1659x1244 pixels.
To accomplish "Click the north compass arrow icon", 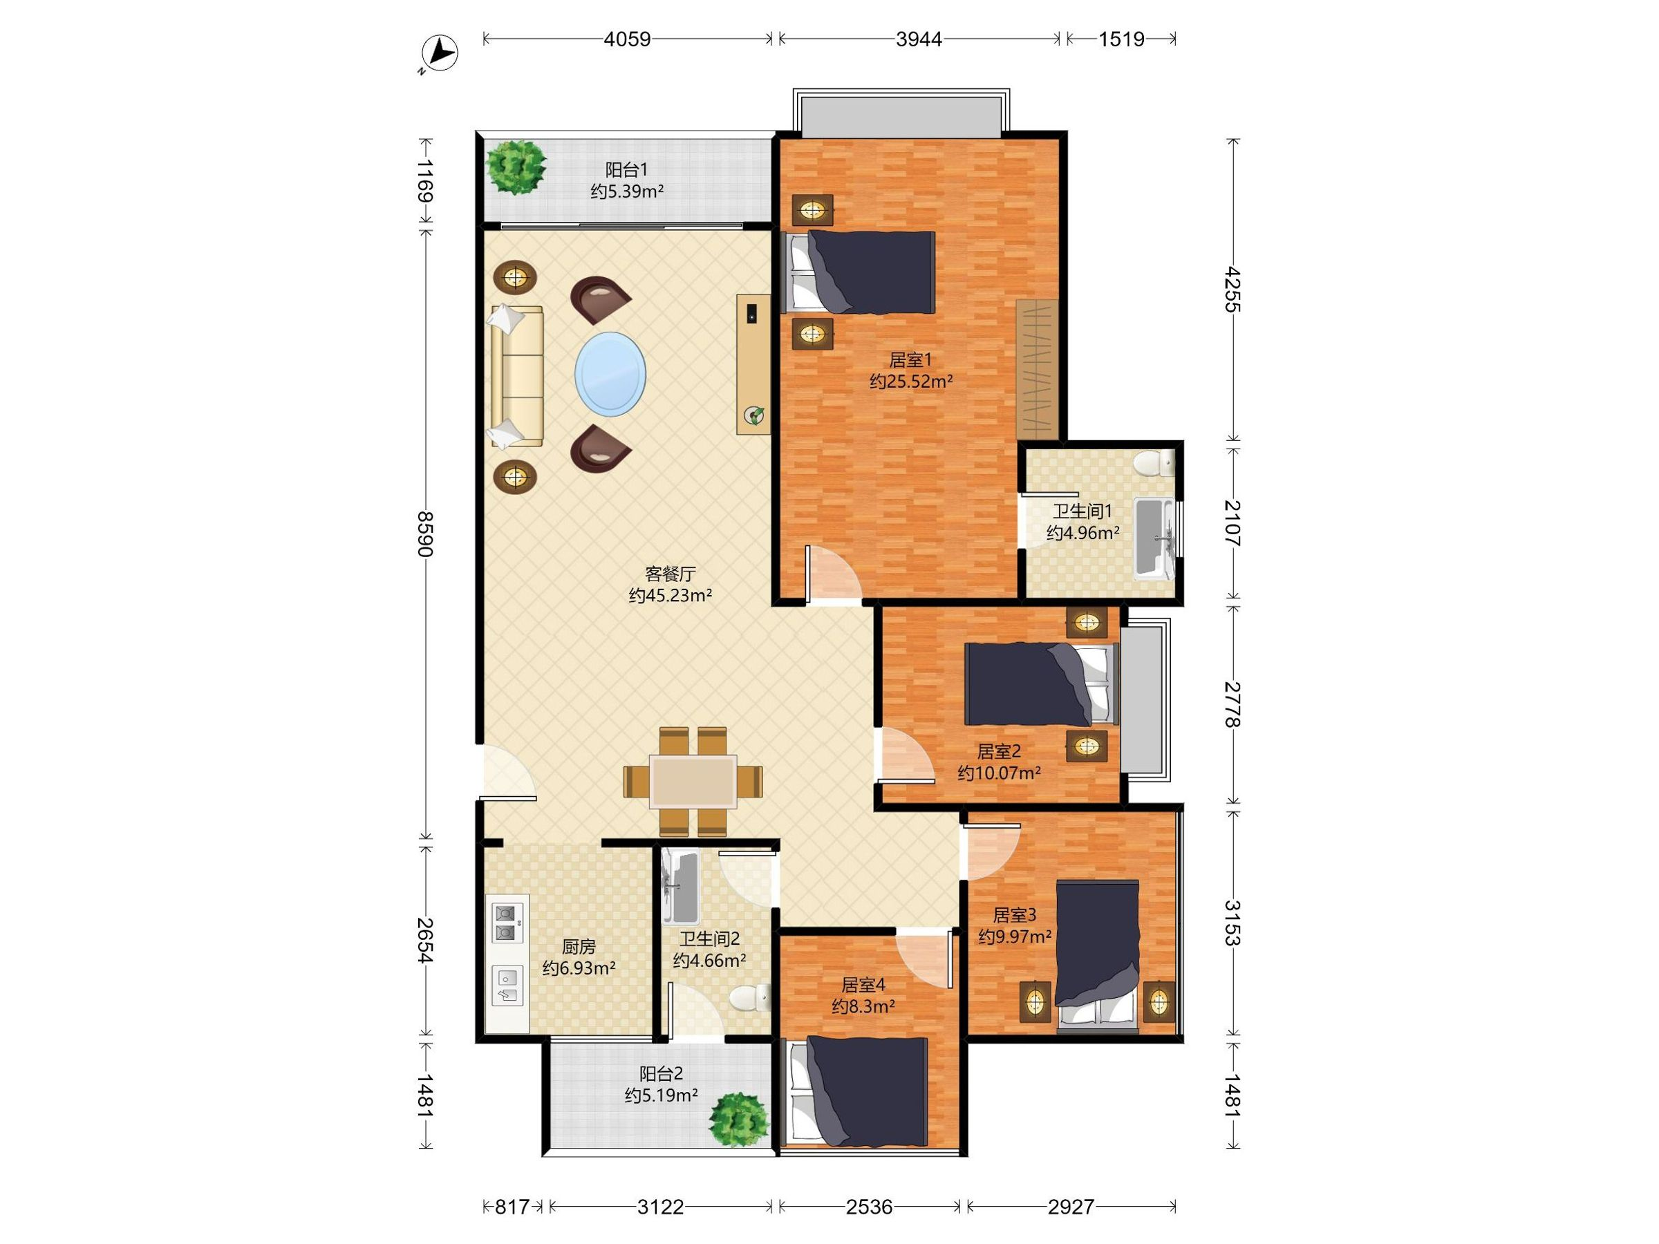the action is [x=440, y=53].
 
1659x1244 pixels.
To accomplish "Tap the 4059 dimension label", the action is [x=627, y=39].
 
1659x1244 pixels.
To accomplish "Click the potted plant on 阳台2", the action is [x=740, y=1119].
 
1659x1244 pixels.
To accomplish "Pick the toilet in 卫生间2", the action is [x=751, y=997].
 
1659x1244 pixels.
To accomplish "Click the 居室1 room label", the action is [x=910, y=359].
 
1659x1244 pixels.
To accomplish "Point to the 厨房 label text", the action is [x=579, y=946].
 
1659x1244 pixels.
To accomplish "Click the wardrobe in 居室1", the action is [x=1038, y=370].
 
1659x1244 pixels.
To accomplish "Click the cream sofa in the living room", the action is [x=517, y=377].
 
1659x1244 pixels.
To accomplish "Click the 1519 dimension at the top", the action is [x=1121, y=39].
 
